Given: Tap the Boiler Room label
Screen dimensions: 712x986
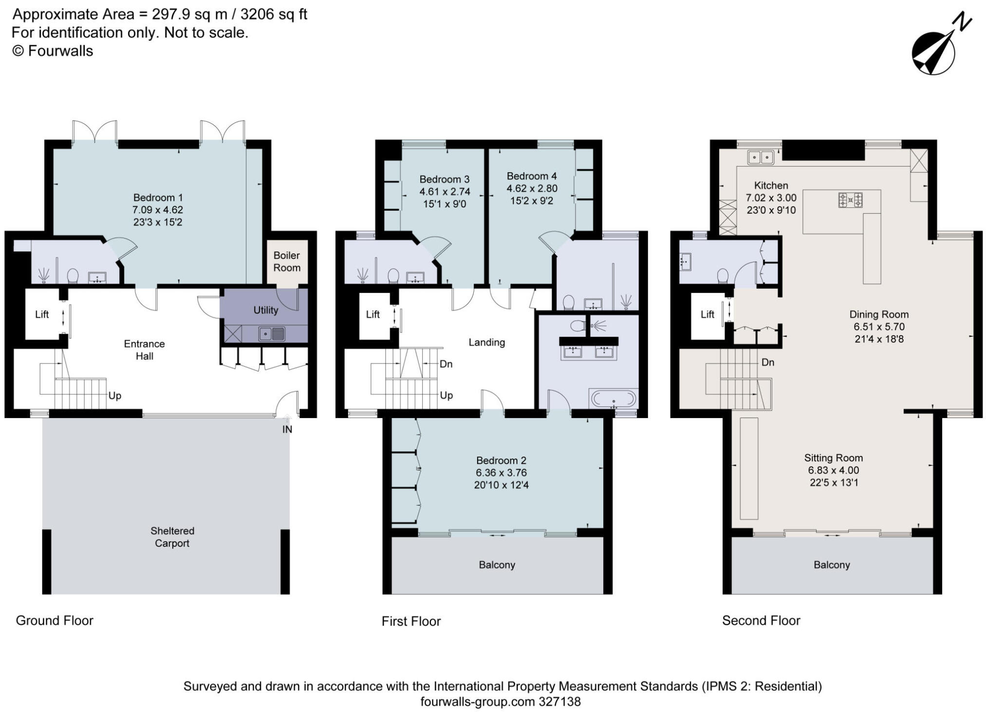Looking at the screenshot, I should pos(286,261).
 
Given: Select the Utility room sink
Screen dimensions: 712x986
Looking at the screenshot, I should pos(272,334).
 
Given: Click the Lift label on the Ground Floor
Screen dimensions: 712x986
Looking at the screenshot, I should pos(42,314).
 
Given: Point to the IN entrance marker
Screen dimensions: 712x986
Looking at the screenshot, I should pos(287,429).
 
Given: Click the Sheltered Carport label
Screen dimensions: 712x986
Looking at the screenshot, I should pos(172,537).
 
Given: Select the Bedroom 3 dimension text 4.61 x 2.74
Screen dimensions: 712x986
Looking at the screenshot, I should pos(445,192).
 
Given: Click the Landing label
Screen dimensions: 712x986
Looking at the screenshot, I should pos(486,342).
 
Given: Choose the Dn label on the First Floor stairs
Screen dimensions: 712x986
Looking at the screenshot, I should pos(446,364).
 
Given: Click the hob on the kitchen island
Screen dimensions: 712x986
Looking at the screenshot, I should pos(850,200).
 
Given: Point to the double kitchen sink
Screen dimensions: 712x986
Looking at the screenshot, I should pos(761,157).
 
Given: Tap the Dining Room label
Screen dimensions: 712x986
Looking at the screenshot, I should pos(879,314).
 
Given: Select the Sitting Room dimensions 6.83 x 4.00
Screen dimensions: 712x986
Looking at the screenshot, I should pos(833,470).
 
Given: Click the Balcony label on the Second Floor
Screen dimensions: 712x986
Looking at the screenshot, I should pos(831,565).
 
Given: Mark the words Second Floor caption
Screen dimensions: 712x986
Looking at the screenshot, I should pos(761,621).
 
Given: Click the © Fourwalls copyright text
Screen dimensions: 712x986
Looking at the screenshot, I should pos(53,51).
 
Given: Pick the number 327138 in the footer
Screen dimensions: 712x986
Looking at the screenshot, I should pos(559,701).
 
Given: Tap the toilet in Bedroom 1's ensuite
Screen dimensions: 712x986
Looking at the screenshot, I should pos(73,276).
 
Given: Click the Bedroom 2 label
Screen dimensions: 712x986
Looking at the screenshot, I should pos(501,460).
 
